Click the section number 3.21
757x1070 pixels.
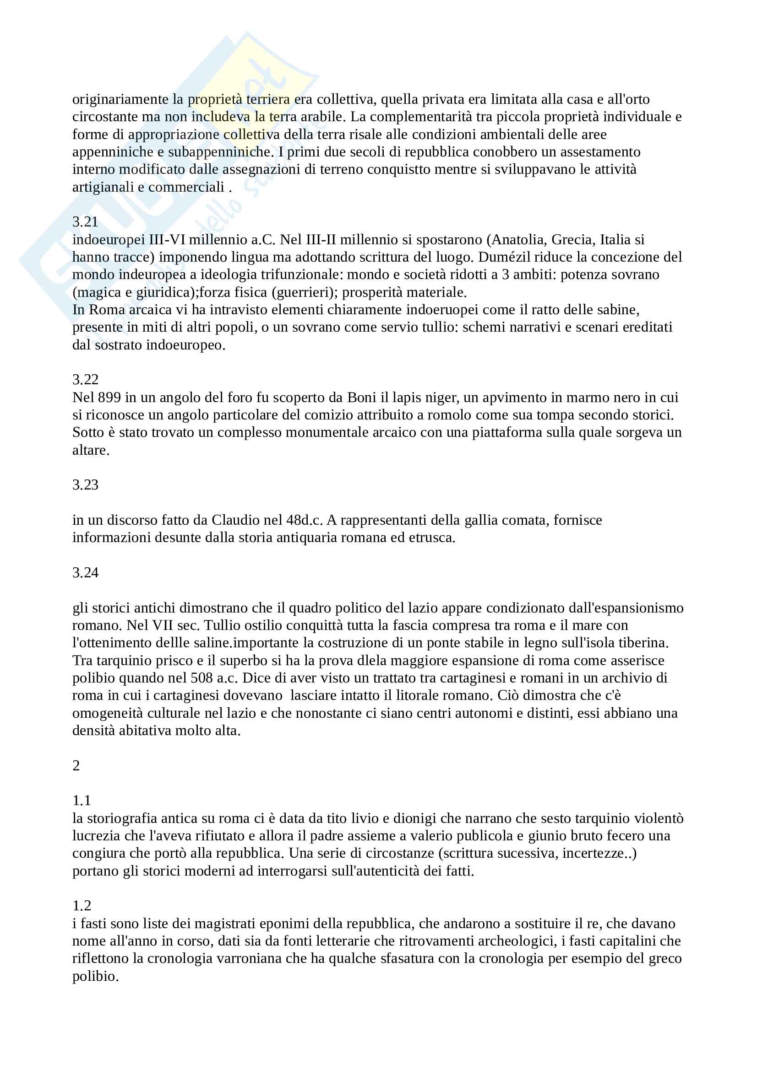(85, 221)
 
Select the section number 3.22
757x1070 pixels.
(85, 379)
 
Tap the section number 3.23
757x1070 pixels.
(85, 484)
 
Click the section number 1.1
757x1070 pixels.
(82, 801)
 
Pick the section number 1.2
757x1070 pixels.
(82, 905)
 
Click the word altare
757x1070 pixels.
(91, 450)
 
